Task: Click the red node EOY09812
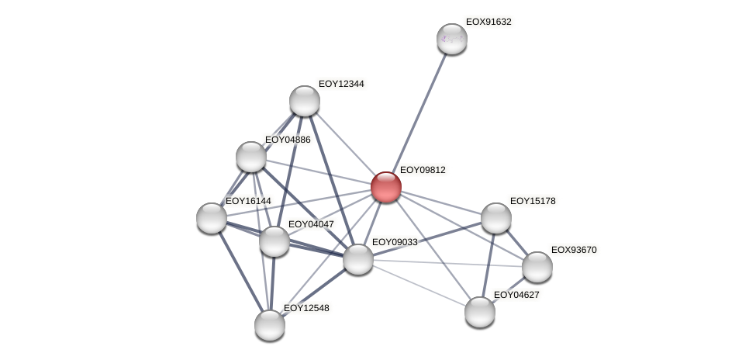pos(385,187)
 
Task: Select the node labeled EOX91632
pos(451,39)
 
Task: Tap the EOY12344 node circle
pos(305,101)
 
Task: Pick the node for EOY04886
pos(251,157)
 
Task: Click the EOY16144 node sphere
pos(212,218)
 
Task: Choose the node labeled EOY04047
pos(274,241)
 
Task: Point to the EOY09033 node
pos(358,259)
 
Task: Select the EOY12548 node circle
pos(270,325)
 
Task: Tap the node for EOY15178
pos(496,218)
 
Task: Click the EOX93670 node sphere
pos(537,267)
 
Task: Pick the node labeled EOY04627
pos(480,312)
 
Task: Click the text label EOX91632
pos(488,22)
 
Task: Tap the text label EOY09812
pos(422,170)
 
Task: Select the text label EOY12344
pos(341,84)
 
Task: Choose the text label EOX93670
pos(573,250)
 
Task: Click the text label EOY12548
pos(306,308)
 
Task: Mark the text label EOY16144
pos(247,201)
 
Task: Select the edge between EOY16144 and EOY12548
pos(240,272)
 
